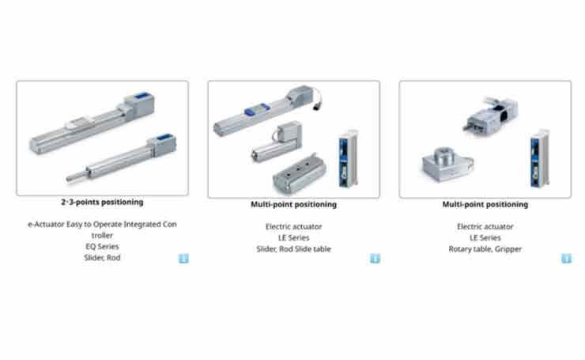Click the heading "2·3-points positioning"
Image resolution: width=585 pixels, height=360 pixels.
coord(102,202)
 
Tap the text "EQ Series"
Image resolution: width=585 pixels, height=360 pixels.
coord(102,247)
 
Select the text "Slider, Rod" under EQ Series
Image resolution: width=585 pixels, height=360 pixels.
coord(102,258)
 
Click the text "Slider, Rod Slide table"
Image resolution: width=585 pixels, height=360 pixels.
coord(293,249)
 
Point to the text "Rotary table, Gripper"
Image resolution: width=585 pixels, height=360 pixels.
coord(485,249)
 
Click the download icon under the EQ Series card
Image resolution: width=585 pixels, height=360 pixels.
coord(183,259)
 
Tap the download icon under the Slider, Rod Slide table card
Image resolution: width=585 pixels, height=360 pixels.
coord(375,259)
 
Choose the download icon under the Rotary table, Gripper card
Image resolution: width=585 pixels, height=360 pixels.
coord(566,259)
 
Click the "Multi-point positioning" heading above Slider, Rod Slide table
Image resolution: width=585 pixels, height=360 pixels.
coord(293,204)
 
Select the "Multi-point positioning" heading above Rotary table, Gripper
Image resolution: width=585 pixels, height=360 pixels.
coord(485,204)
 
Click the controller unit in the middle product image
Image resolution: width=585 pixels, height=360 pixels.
coord(348,158)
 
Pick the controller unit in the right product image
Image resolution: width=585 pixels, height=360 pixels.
coord(539,158)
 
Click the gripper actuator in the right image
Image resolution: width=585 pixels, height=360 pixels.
coord(491,114)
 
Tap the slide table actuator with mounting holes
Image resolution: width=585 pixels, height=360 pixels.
coord(299,173)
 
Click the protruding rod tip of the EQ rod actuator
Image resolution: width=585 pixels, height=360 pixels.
coord(70,179)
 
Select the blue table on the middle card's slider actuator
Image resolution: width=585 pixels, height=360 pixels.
coord(257,109)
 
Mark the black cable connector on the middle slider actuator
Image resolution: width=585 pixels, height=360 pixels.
coord(317,106)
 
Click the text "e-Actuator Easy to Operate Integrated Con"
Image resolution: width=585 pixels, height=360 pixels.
coord(102,225)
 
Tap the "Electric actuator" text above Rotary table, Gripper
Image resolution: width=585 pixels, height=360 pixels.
coord(485,226)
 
